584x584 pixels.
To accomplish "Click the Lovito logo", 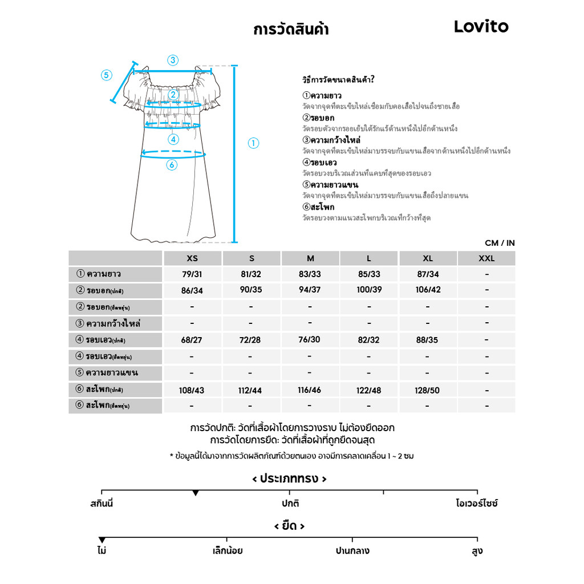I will (x=481, y=27).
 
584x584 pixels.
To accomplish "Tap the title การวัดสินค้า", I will (x=291, y=30).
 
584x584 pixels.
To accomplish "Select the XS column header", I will (x=192, y=258).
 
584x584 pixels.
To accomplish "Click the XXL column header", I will (x=486, y=258).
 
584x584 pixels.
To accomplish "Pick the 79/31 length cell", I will (x=192, y=274).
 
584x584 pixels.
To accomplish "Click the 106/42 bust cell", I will (x=428, y=290).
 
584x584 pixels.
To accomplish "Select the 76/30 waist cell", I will (x=310, y=339).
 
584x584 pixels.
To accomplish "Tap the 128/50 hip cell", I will (x=427, y=390).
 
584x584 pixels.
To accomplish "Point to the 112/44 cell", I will (x=251, y=391).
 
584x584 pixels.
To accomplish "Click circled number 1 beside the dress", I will (x=254, y=143).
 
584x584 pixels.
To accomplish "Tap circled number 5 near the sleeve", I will (x=107, y=75).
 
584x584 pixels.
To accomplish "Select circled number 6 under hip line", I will (x=172, y=165).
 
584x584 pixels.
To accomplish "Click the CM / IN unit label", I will (x=500, y=243).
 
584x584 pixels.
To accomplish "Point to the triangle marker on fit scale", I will (x=196, y=492).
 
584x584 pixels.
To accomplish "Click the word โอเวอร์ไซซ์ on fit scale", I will (x=477, y=504).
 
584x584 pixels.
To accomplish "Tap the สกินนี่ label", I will (x=102, y=504).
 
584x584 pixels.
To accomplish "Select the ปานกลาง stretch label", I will (x=352, y=551).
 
